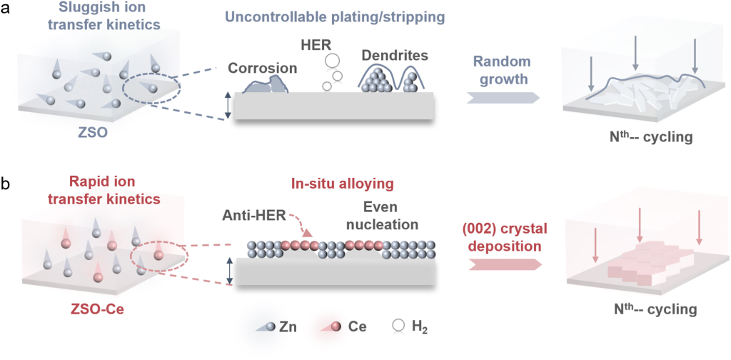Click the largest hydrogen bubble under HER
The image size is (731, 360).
(333, 63)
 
